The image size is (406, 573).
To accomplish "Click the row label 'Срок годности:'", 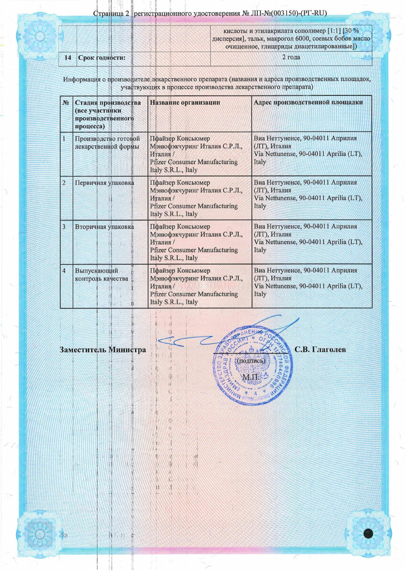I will [101, 58].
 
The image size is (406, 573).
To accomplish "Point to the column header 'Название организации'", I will [185, 102].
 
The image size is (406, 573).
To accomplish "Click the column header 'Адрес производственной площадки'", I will [308, 102].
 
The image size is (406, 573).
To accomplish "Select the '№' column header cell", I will [66, 102].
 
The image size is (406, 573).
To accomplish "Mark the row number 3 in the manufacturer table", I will [64, 226].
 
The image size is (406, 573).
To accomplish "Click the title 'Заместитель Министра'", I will [103, 350].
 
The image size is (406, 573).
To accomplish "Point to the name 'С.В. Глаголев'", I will [320, 350].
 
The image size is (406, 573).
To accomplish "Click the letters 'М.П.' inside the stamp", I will [250, 377].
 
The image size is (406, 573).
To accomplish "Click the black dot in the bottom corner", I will [368, 534].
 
